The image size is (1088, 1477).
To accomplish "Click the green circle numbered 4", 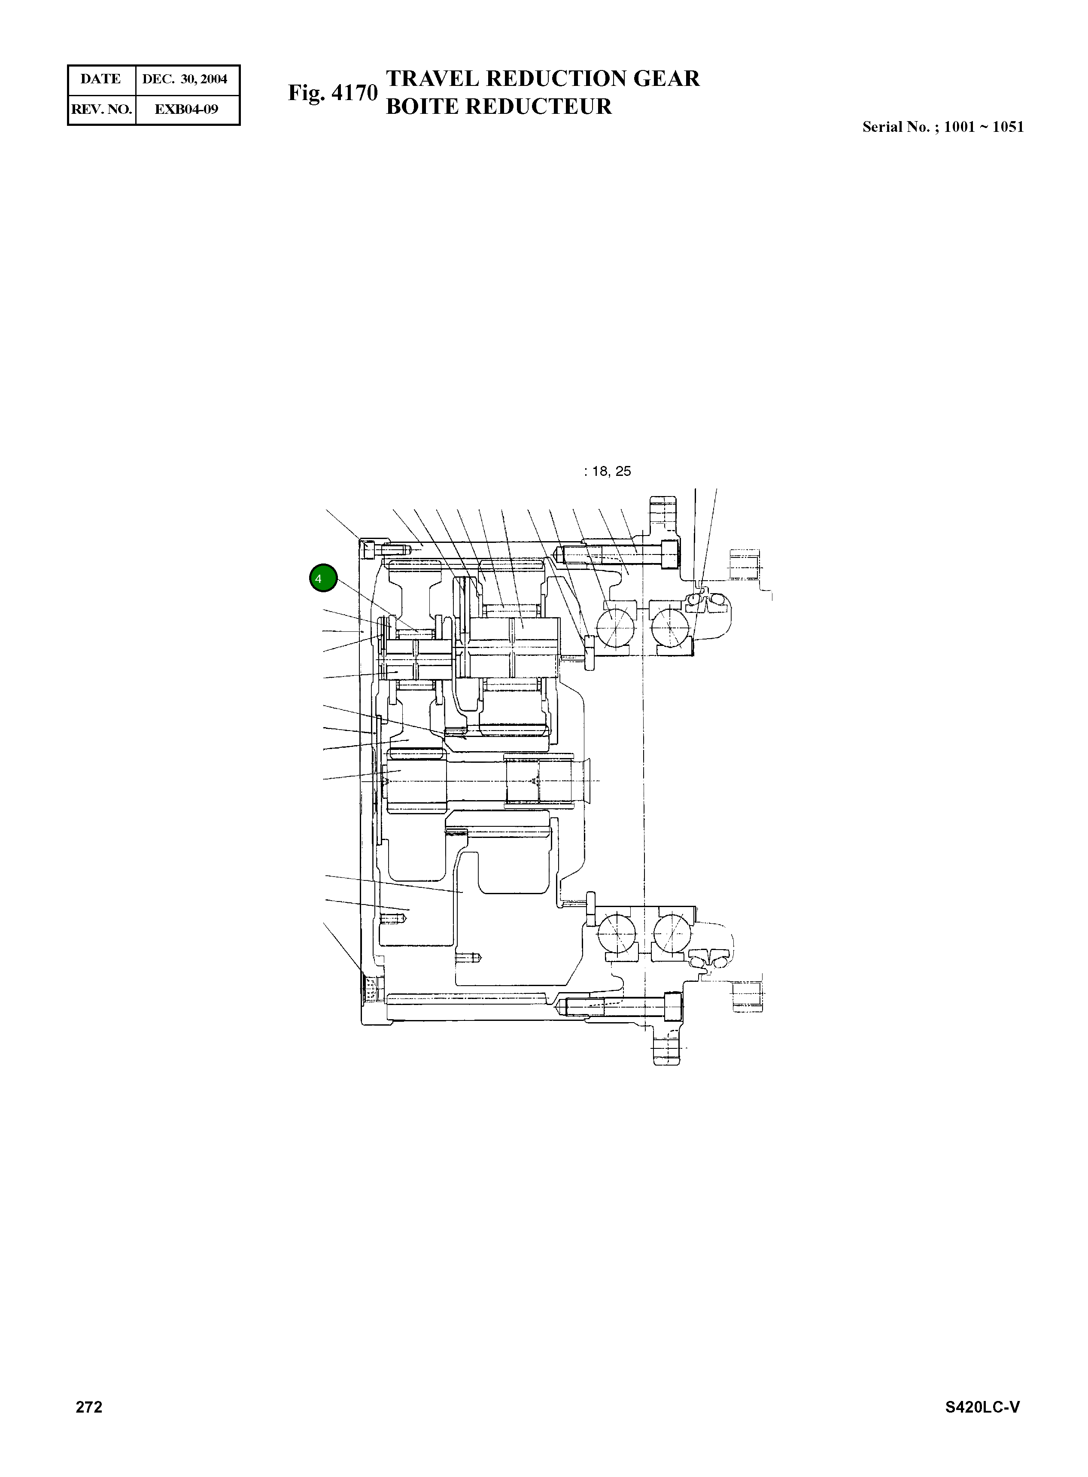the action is (x=323, y=579).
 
